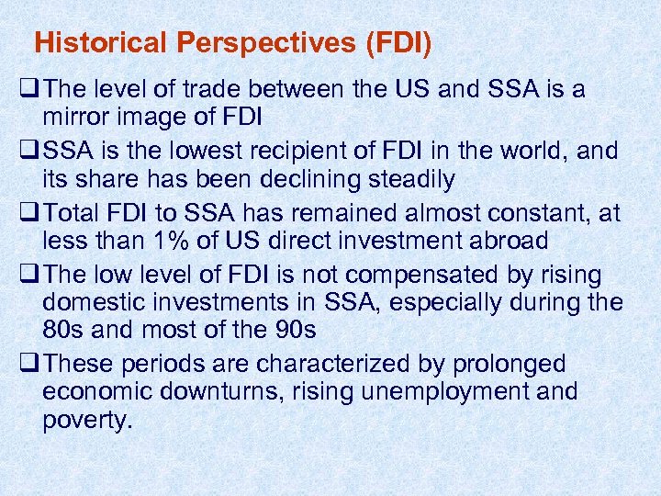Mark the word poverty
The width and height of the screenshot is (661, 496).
pyautogui.click(x=88, y=422)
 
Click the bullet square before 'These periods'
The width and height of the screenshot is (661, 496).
pyautogui.click(x=28, y=363)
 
